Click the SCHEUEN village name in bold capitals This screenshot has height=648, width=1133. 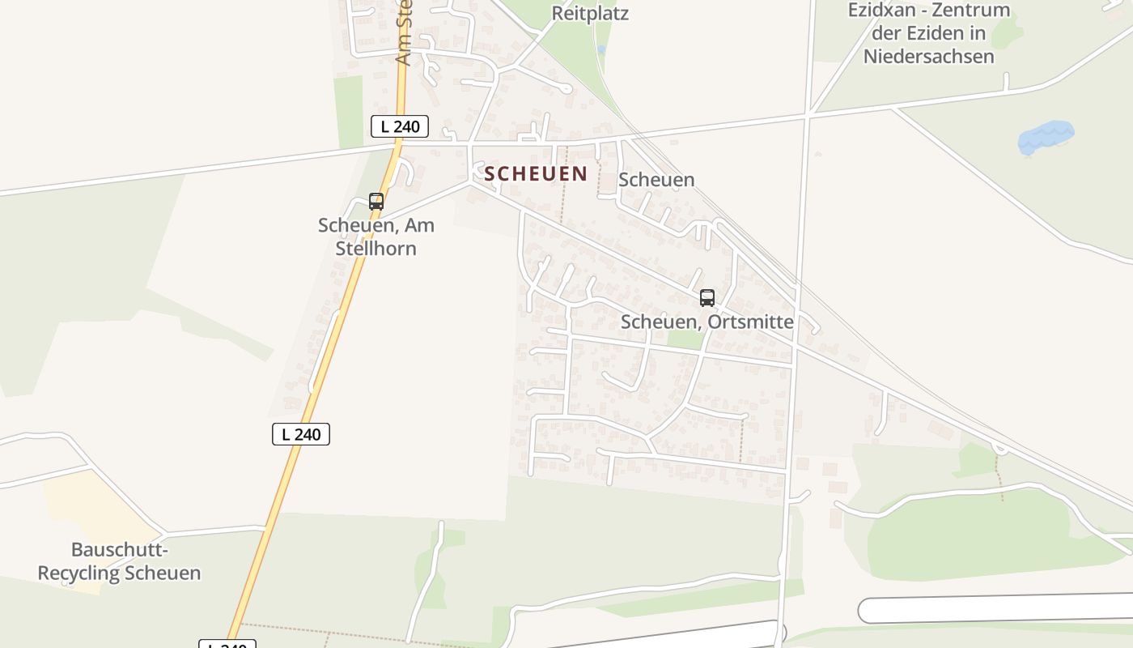coord(536,173)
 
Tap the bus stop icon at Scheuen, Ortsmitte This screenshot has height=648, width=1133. coord(707,298)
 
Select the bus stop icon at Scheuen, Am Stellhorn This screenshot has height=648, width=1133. coord(376,202)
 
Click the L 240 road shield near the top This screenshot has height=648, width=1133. coord(399,126)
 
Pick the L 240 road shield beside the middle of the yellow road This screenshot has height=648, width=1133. coord(301,434)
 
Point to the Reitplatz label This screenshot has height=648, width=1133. coord(590,14)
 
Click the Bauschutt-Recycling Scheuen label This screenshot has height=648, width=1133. coord(119,561)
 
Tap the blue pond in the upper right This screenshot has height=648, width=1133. coord(1046,137)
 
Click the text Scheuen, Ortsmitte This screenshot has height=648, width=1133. coord(707,322)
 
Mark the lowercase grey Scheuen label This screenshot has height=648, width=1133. coord(656,180)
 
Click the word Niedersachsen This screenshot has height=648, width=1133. coord(928,56)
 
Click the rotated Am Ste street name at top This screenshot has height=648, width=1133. coord(404,32)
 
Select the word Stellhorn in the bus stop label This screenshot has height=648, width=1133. coord(376,248)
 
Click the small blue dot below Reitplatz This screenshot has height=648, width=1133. coord(600,49)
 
